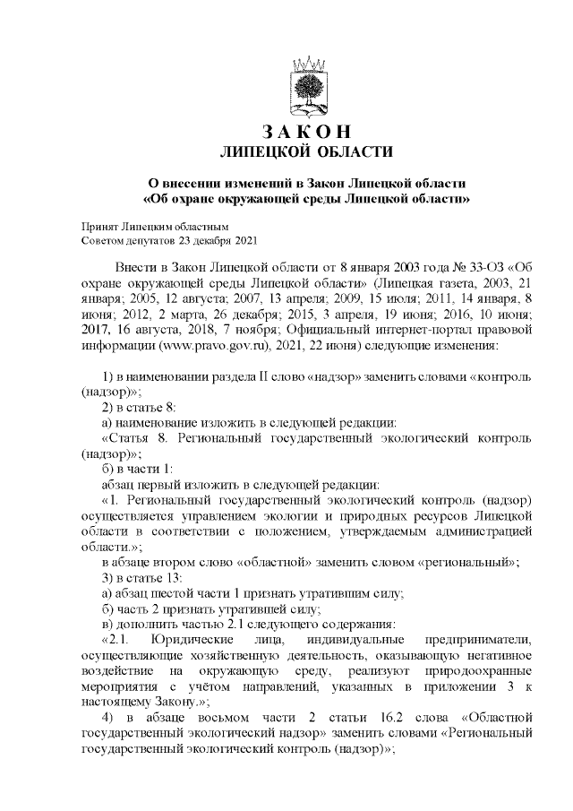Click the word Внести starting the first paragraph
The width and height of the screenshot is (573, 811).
pyautogui.click(x=137, y=268)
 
